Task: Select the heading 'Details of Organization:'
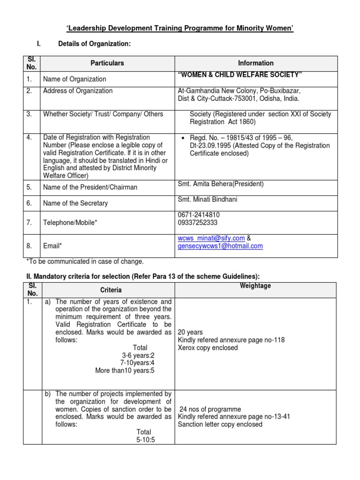[94, 44]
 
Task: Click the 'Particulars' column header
[107, 63]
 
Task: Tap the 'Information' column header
[255, 63]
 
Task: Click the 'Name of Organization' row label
[75, 79]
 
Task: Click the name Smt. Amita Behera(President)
[220, 184]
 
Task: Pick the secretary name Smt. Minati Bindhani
[208, 200]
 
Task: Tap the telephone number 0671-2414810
[199, 215]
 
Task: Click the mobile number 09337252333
[197, 223]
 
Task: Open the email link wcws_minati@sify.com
[211, 238]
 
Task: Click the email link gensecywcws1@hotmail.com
[220, 246]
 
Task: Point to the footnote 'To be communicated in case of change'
[84, 261]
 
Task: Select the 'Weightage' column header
[255, 285]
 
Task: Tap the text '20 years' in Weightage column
[190, 332]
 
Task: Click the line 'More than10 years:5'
[124, 370]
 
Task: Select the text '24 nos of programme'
[210, 409]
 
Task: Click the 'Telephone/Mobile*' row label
[70, 219]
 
